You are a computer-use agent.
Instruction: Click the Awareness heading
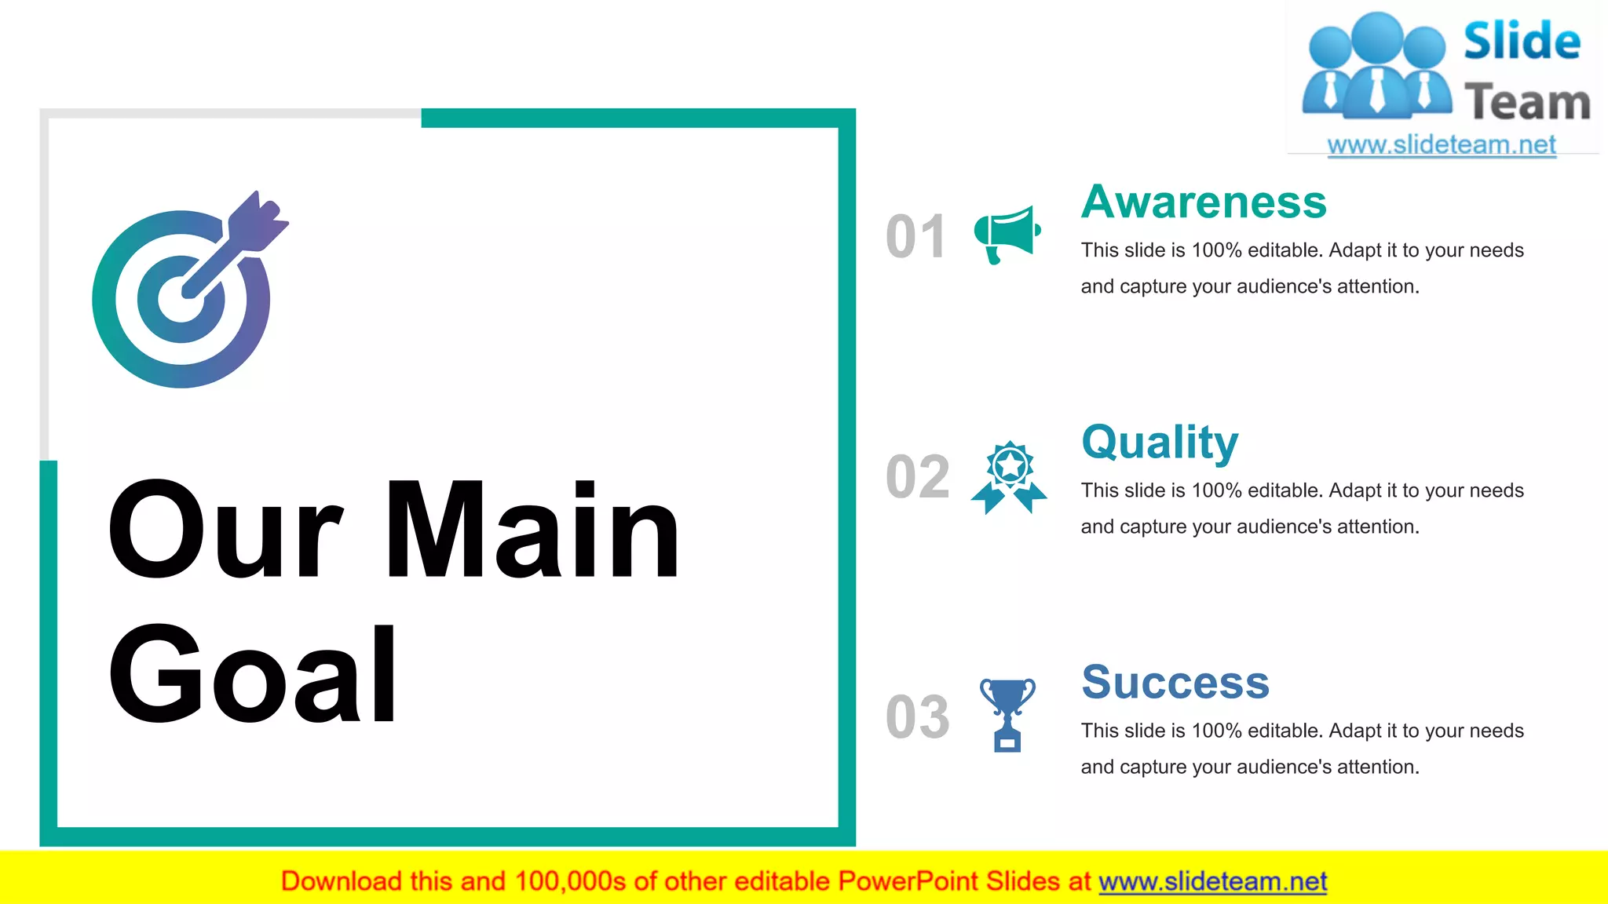[x=1203, y=202]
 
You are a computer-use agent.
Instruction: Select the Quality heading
[x=1159, y=443]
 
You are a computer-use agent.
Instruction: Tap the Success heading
[x=1175, y=682]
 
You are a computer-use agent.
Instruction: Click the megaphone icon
[x=1007, y=234]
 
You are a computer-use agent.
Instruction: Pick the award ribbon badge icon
[x=1009, y=477]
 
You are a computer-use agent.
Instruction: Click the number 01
[x=915, y=236]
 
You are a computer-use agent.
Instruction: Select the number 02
[x=917, y=476]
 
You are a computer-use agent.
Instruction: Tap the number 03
[x=917, y=716]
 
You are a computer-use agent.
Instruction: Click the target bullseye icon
[x=181, y=299]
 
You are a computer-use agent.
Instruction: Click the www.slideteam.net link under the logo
[x=1441, y=145]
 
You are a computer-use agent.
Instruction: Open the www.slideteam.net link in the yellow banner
[x=1212, y=881]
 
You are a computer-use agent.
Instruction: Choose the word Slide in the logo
[x=1522, y=41]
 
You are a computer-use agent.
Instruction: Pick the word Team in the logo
[x=1526, y=103]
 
